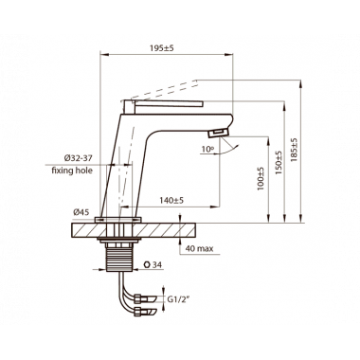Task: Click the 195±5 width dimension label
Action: (162, 48)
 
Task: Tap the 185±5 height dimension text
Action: (294, 151)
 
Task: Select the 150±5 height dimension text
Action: (279, 163)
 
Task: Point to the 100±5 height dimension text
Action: (261, 178)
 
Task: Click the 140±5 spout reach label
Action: (171, 200)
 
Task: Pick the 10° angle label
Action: (207, 149)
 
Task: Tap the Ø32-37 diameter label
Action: (78, 158)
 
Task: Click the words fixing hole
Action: (72, 171)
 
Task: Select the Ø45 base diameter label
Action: (81, 212)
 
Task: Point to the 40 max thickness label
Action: (199, 248)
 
